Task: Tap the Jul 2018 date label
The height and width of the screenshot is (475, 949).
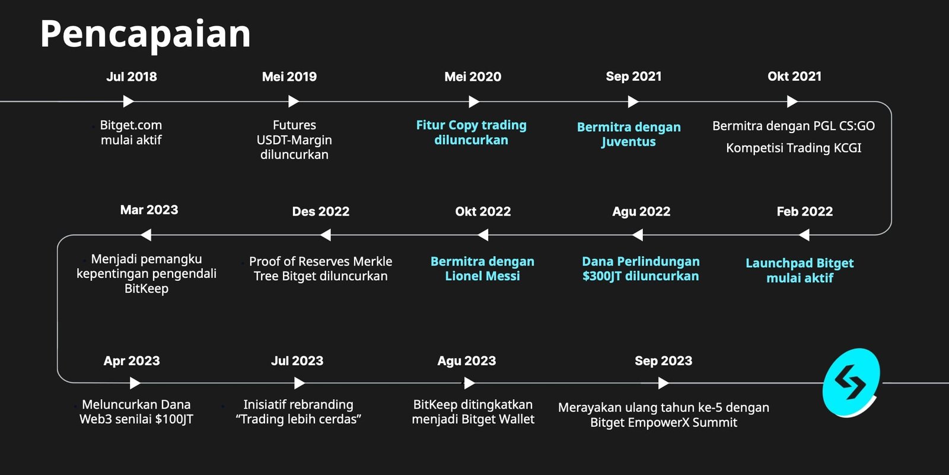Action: tap(131, 77)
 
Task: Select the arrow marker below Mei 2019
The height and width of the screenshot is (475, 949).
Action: tap(294, 102)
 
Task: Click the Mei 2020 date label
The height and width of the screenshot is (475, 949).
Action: tap(473, 77)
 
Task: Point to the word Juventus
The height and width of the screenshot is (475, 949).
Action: tap(628, 142)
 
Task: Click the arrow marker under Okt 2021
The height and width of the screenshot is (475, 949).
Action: tap(792, 102)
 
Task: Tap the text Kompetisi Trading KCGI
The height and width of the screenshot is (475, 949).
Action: tap(794, 148)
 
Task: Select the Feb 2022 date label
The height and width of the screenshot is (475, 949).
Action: tap(804, 211)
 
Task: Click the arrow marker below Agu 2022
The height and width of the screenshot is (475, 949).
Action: tap(638, 235)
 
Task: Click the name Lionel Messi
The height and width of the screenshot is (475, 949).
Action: tap(482, 276)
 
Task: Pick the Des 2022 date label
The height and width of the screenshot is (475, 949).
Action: tap(321, 211)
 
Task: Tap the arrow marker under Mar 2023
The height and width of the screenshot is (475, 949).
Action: tap(146, 235)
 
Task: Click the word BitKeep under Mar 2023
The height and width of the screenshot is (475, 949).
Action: tap(146, 289)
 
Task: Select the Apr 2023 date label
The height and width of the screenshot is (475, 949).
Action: tap(132, 361)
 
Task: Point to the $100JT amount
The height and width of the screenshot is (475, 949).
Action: tap(174, 419)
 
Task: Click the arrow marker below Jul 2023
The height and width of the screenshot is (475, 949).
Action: tap(300, 384)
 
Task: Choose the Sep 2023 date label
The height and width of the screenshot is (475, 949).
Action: tap(664, 361)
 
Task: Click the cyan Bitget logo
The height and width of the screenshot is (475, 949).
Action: tap(851, 382)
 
